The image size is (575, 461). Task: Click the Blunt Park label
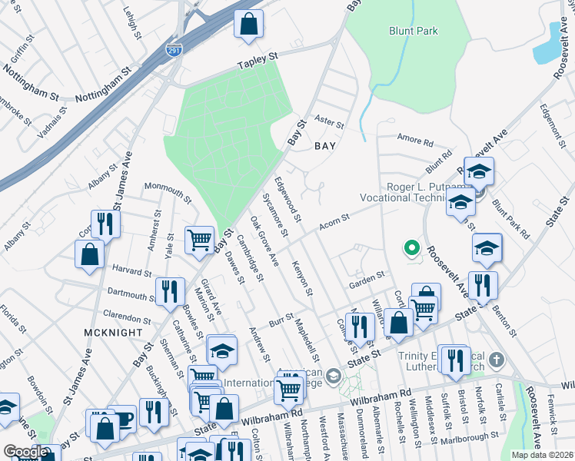point(412,31)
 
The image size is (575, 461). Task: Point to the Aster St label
point(330,122)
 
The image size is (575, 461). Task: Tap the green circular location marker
point(411,248)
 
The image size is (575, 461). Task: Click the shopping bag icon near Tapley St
point(248,24)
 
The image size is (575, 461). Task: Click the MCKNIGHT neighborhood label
point(115,332)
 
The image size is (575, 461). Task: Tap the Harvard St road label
point(131,272)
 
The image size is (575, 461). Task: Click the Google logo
point(25,452)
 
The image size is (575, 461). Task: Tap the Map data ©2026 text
point(541,455)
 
